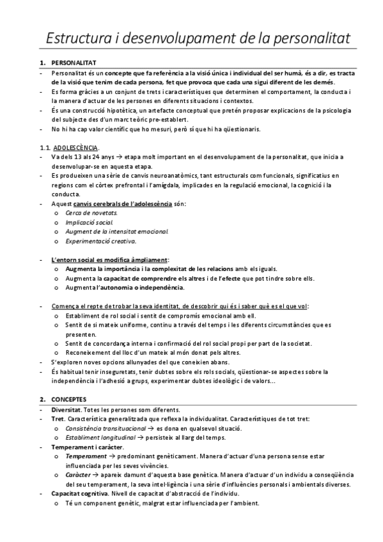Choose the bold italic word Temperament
click(x=86, y=456)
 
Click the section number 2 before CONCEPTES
click(x=42, y=398)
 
